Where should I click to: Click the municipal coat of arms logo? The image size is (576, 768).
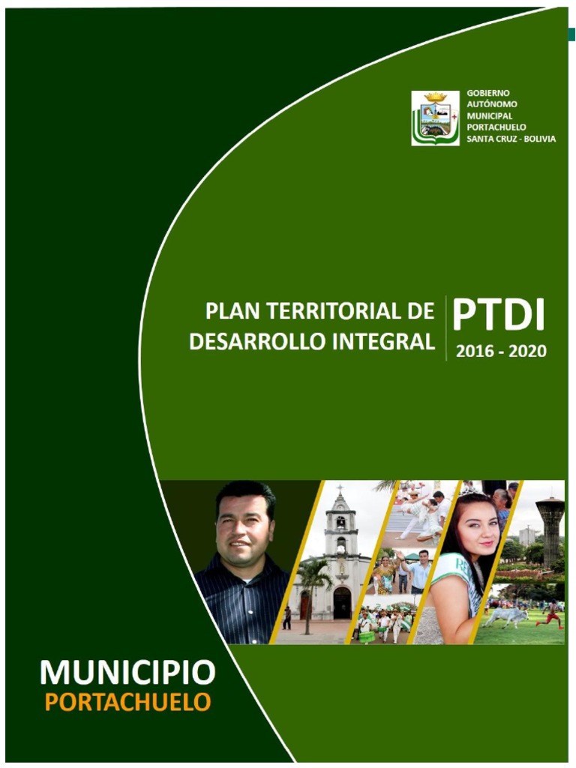tap(435, 118)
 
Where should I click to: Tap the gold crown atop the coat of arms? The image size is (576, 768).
tap(435, 97)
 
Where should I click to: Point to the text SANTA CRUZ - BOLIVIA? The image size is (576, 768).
tap(511, 139)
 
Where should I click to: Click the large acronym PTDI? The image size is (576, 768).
tap(499, 316)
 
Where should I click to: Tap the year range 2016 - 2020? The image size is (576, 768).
tap(501, 351)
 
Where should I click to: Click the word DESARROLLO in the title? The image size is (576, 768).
tap(242, 342)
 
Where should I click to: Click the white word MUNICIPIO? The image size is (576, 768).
tap(127, 673)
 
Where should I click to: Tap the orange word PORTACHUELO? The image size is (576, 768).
tap(127, 703)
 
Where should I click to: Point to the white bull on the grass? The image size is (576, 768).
tap(506, 616)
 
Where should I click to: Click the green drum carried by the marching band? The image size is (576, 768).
tap(367, 636)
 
